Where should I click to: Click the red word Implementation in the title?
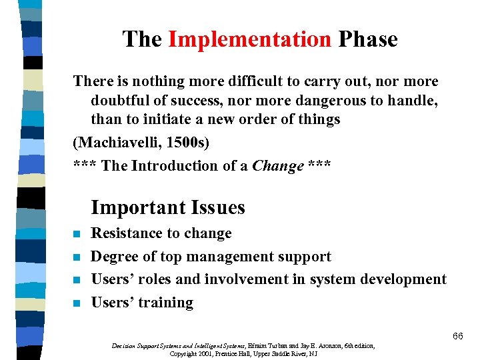click(x=249, y=39)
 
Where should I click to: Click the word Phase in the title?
click(x=367, y=39)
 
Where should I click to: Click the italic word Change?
click(x=278, y=166)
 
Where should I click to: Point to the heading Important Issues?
click(x=168, y=207)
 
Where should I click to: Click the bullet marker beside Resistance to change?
click(x=77, y=234)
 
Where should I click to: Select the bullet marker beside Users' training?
click(x=77, y=303)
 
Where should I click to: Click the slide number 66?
click(x=457, y=336)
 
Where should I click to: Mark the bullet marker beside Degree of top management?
click(x=77, y=257)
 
